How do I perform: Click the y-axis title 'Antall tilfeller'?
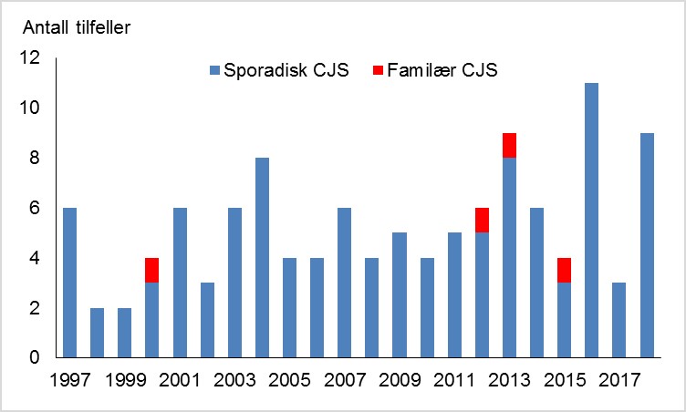78,25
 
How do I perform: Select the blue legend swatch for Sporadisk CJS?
214,69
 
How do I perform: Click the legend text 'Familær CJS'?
442,69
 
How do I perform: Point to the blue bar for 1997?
70,283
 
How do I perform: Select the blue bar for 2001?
180,283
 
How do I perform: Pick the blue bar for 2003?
234,283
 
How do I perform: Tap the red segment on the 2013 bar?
509,145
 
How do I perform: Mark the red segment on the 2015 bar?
564,270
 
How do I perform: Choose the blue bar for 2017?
618,321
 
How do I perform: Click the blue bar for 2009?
400,295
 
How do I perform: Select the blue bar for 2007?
345,283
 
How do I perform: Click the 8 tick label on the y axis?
36,159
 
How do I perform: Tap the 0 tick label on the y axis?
36,358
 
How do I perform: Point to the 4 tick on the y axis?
36,259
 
